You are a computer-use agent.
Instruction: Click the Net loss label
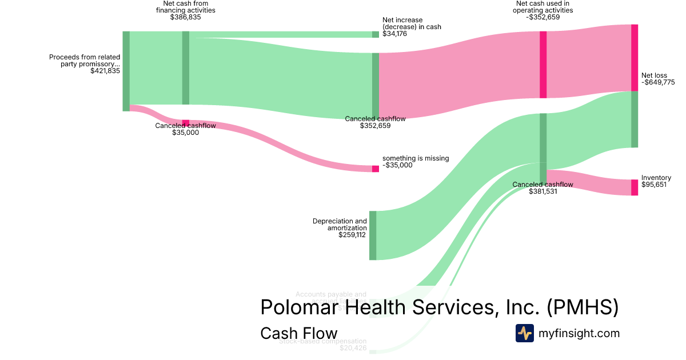click(x=658, y=79)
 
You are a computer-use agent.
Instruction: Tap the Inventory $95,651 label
click(x=656, y=182)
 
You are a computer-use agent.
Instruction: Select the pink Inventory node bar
click(x=634, y=187)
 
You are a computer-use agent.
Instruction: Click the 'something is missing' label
click(x=416, y=162)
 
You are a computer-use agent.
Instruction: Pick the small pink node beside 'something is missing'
click(x=375, y=169)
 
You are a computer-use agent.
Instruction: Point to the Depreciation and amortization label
click(x=340, y=227)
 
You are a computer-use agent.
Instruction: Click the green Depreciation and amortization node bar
click(x=373, y=235)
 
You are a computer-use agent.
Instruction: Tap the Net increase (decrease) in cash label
click(x=412, y=27)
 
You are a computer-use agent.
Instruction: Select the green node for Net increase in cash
click(x=375, y=34)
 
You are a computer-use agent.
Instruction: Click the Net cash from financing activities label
click(x=185, y=10)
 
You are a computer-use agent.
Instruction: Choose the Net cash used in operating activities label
click(x=543, y=10)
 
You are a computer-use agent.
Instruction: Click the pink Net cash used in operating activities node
click(x=543, y=65)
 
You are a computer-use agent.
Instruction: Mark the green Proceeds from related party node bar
click(x=126, y=71)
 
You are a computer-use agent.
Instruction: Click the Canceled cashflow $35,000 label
click(x=185, y=129)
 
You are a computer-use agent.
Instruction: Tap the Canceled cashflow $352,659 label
click(x=375, y=122)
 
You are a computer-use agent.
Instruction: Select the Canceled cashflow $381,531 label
click(x=543, y=188)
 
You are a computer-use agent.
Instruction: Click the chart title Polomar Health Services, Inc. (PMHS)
click(x=439, y=307)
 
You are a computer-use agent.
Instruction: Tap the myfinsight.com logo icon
click(x=525, y=333)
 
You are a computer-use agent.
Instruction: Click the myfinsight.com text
click(x=579, y=333)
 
